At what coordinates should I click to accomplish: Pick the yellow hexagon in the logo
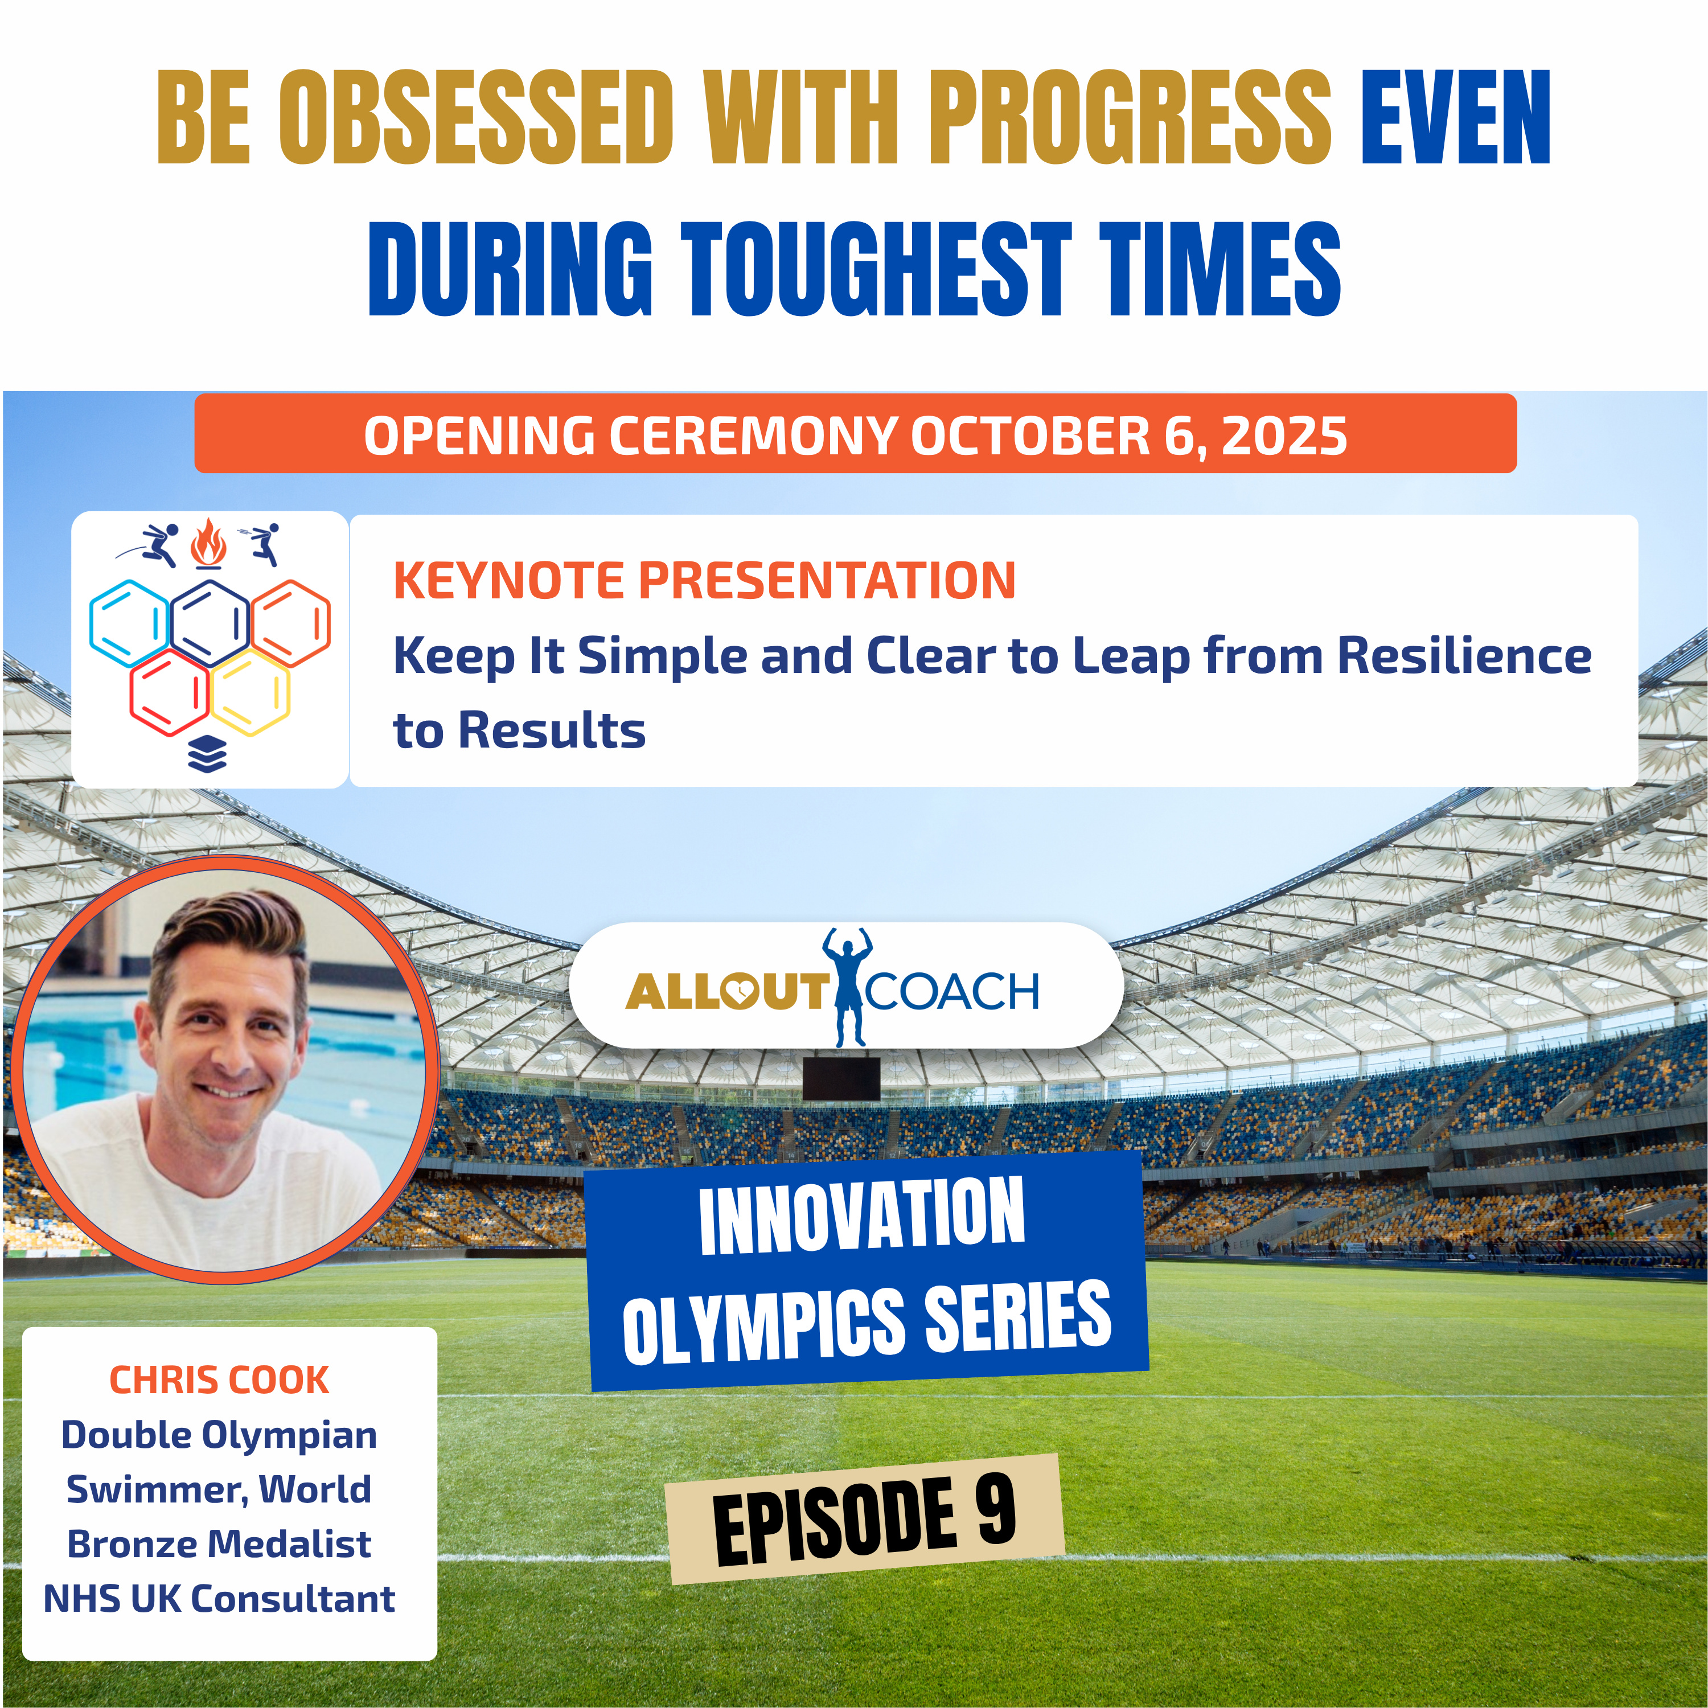click(x=251, y=692)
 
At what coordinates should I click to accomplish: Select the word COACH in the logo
click(x=952, y=991)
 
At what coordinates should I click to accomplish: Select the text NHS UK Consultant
click(x=219, y=1598)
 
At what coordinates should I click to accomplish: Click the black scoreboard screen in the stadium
click(x=841, y=1078)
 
